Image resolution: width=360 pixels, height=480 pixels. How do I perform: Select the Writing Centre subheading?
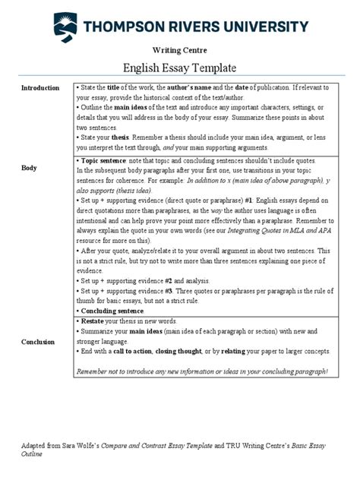pyautogui.click(x=179, y=50)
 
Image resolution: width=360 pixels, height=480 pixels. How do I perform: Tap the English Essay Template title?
pyautogui.click(x=179, y=68)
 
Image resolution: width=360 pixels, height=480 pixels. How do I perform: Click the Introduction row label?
pyautogui.click(x=40, y=88)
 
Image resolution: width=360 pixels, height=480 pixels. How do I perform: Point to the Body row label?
pyautogui.click(x=29, y=167)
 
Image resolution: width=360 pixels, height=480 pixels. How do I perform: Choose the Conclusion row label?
pyautogui.click(x=39, y=342)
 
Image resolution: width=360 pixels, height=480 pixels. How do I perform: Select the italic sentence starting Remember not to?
pyautogui.click(x=202, y=371)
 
